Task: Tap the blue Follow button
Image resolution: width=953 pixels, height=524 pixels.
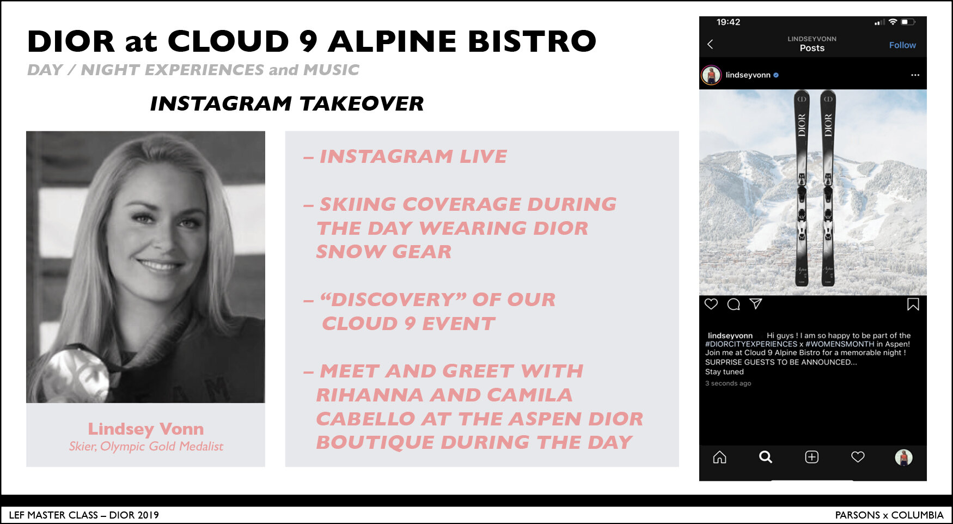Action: pos(902,45)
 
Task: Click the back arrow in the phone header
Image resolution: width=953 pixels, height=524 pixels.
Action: pos(710,44)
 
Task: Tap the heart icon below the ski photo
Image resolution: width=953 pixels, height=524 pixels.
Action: pos(711,304)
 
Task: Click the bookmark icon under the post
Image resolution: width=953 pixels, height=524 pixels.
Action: pos(913,304)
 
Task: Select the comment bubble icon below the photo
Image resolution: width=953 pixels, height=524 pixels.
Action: pos(734,304)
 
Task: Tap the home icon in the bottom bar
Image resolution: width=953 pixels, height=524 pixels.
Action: pos(719,457)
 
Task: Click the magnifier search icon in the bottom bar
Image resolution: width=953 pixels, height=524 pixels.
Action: pos(766,457)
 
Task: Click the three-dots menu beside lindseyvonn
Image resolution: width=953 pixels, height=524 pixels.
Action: pos(915,75)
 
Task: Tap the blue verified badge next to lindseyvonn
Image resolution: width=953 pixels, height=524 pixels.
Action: pos(776,75)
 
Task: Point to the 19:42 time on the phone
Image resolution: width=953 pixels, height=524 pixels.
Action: pos(728,22)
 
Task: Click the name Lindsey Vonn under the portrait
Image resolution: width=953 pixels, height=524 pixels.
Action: pos(146,429)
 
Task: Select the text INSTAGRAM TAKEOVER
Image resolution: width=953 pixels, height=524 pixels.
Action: pos(287,103)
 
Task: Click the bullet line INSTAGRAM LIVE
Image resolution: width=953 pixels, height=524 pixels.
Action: pos(405,156)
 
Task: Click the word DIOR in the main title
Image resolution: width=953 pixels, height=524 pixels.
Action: pos(71,41)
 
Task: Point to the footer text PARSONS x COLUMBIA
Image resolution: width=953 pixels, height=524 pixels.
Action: pos(889,515)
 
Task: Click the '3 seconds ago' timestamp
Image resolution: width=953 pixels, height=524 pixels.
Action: pos(728,383)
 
